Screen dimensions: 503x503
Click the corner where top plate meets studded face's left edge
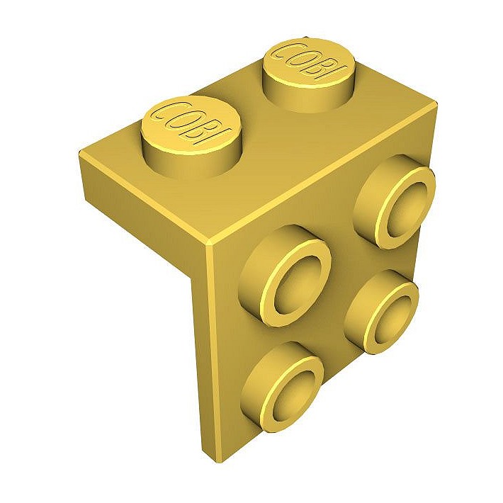click(210, 246)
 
